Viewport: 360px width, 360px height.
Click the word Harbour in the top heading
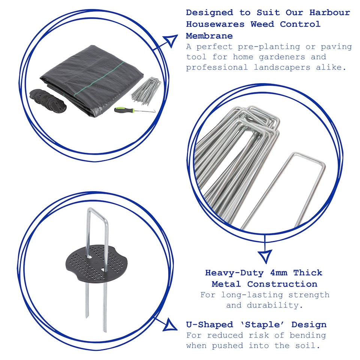click(x=330, y=12)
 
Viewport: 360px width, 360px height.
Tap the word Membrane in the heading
click(x=209, y=36)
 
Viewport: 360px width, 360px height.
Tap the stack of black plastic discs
click(x=49, y=100)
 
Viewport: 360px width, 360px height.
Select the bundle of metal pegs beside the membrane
click(x=145, y=90)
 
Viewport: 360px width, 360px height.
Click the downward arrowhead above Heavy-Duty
click(x=265, y=256)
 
